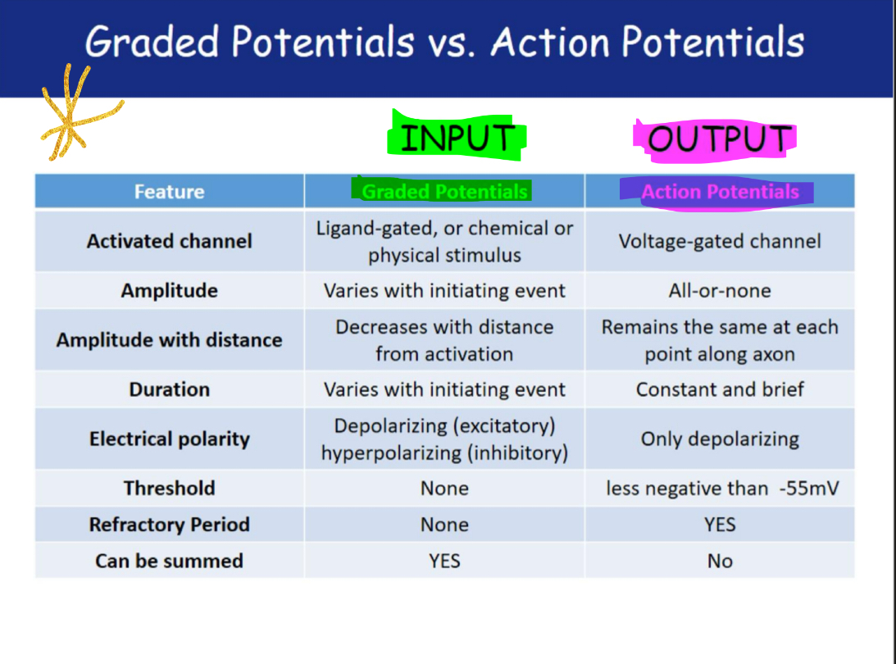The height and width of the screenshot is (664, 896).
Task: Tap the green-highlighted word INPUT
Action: [457, 137]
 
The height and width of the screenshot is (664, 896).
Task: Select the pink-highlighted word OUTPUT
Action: [720, 139]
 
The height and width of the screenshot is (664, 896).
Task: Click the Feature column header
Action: [169, 192]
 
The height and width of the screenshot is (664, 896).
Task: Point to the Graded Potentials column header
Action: [444, 192]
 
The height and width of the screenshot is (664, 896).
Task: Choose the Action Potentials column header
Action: [720, 192]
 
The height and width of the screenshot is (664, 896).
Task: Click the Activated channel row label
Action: [169, 241]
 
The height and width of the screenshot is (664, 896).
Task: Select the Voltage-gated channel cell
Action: [720, 241]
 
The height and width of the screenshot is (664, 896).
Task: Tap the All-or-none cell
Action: [720, 290]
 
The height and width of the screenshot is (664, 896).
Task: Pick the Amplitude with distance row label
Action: [169, 340]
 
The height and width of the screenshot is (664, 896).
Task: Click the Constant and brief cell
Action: [720, 389]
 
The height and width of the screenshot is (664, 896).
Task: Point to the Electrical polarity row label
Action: [169, 439]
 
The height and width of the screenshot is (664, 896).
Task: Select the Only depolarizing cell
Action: [720, 439]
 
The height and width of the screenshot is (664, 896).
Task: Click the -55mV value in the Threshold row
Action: [809, 488]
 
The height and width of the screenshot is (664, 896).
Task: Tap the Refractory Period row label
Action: [169, 525]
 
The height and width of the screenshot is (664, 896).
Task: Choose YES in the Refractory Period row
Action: [720, 525]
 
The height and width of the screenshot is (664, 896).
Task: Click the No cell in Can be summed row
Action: [720, 562]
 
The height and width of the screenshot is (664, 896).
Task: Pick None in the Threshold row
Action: [444, 488]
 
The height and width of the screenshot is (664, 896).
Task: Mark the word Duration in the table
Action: [169, 389]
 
